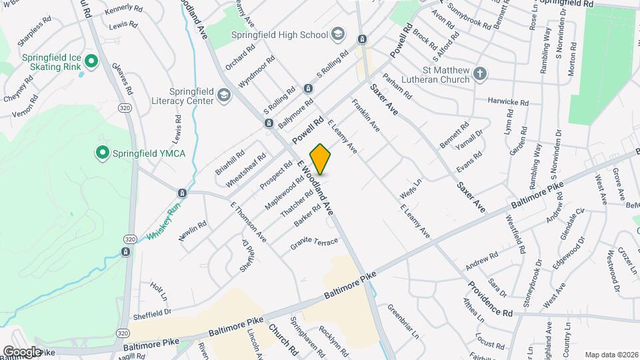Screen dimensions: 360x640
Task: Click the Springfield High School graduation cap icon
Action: (x=338, y=35)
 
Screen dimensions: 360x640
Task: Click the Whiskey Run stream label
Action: (x=164, y=224)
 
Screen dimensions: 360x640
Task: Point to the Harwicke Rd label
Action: (x=508, y=103)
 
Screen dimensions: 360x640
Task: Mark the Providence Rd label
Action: (x=489, y=299)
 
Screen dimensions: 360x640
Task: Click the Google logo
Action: (x=22, y=351)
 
